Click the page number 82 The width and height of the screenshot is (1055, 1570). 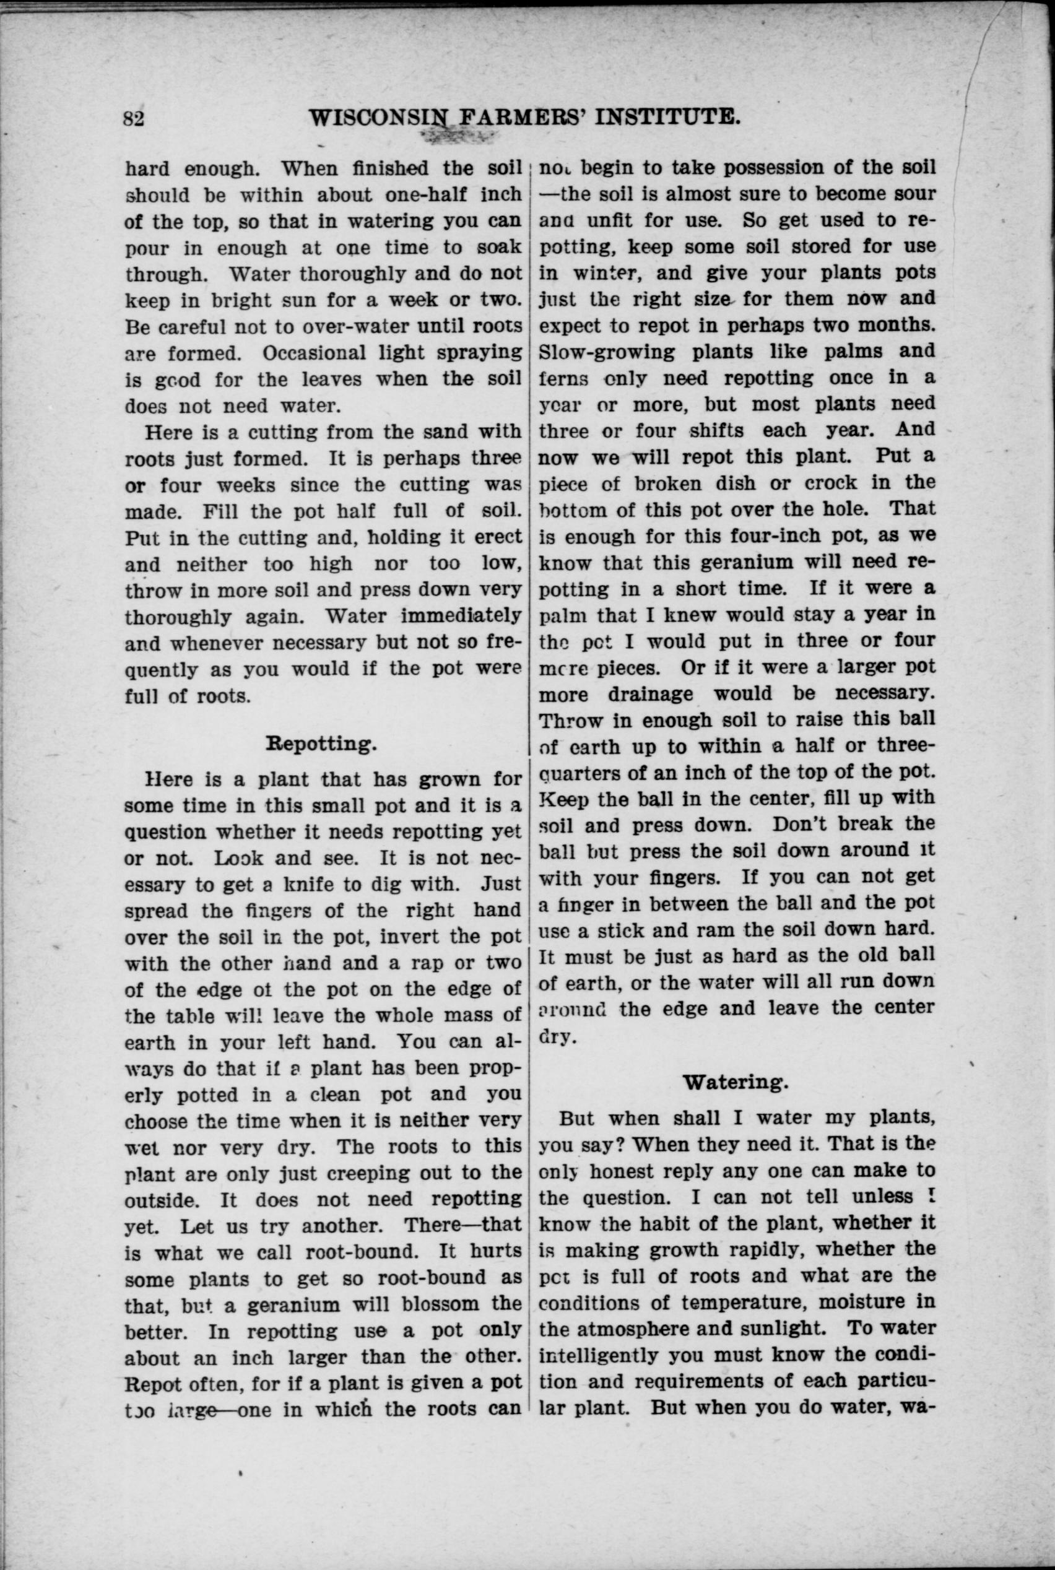(134, 118)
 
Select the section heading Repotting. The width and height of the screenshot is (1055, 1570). (320, 744)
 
